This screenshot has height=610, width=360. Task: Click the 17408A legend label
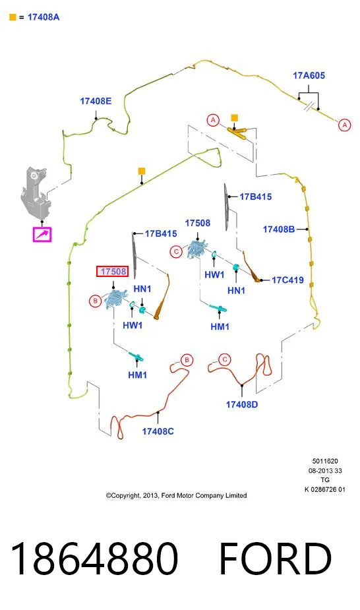click(x=43, y=17)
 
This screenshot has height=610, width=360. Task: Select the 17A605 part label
click(x=309, y=75)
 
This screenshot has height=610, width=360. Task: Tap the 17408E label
click(x=96, y=101)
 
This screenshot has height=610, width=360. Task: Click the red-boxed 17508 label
click(x=112, y=271)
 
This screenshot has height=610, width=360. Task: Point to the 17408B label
click(x=279, y=229)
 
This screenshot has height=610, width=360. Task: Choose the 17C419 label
click(x=287, y=280)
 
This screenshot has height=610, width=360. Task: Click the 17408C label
click(x=158, y=431)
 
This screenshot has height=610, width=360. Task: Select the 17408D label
click(x=242, y=405)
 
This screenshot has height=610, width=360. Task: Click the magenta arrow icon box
click(x=42, y=235)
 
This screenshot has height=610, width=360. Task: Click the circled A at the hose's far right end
click(x=344, y=125)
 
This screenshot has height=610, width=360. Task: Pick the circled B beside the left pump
click(x=95, y=301)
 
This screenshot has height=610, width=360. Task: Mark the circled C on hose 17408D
click(x=224, y=359)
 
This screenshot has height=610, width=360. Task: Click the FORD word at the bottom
click(x=275, y=559)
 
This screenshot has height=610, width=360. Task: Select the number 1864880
click(x=94, y=559)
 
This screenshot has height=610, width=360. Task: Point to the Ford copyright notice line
click(x=177, y=495)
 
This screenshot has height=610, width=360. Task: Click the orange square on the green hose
click(x=142, y=171)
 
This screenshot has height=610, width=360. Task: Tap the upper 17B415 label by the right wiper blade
click(x=255, y=197)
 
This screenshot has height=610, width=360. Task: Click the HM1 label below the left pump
click(x=137, y=375)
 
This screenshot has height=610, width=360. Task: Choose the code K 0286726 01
click(x=325, y=489)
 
